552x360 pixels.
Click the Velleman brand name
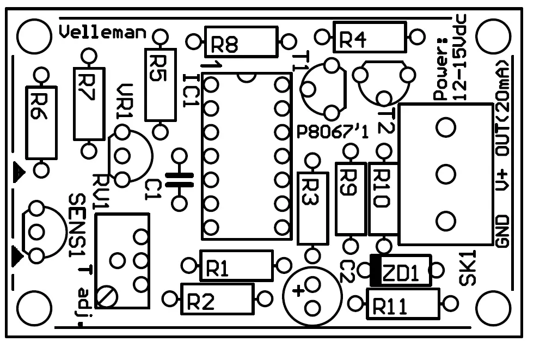click(x=102, y=33)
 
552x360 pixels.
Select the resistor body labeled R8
click(x=240, y=42)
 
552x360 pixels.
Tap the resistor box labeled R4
click(x=370, y=38)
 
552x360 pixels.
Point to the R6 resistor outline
click(x=41, y=123)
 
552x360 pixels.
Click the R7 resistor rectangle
click(x=89, y=103)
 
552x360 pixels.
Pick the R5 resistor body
click(x=160, y=84)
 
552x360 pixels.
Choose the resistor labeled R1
click(x=236, y=266)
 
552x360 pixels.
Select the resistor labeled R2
click(x=217, y=299)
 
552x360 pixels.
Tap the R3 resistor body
click(x=312, y=208)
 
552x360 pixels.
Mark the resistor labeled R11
click(x=402, y=304)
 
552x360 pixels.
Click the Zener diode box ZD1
click(x=400, y=271)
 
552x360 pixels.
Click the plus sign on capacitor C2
click(x=297, y=290)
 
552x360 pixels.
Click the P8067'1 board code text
click(x=333, y=133)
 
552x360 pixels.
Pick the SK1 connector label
click(x=467, y=268)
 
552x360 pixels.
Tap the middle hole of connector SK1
click(x=445, y=174)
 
